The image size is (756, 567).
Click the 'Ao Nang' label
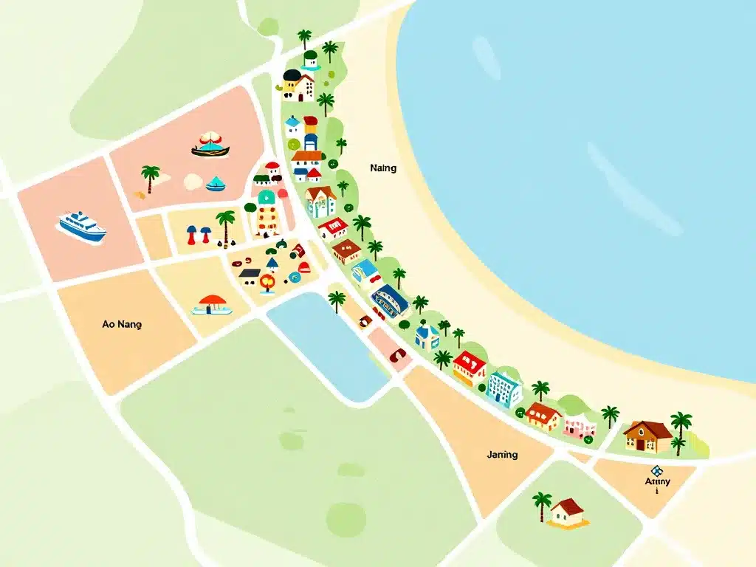click(x=123, y=324)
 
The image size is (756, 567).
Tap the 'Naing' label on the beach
click(x=383, y=168)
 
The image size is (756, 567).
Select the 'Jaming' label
click(x=502, y=455)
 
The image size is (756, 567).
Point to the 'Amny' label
click(x=657, y=482)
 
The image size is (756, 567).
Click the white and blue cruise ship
click(x=82, y=226)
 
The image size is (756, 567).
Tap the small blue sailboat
click(x=216, y=183)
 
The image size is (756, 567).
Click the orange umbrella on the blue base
click(x=213, y=304)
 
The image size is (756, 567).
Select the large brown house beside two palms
click(x=647, y=436)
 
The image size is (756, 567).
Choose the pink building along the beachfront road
click(x=580, y=426)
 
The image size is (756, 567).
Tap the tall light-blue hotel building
click(x=504, y=388)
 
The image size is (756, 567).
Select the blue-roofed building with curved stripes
click(x=389, y=300)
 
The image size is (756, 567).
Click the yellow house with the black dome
click(x=298, y=85)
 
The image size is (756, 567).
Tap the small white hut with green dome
click(x=311, y=59)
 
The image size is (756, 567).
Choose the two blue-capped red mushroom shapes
click(x=198, y=234)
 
